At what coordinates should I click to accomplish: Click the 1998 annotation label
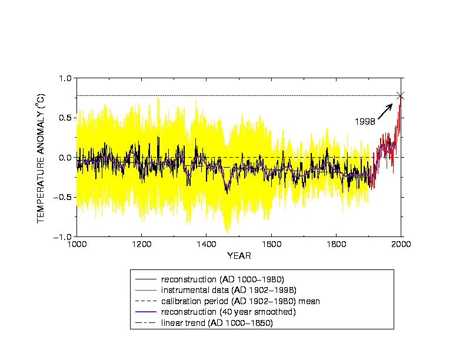365,121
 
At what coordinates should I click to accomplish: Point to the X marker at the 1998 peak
401,95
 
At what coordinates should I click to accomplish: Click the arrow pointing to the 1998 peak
385,110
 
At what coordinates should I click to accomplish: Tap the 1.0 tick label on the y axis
65,78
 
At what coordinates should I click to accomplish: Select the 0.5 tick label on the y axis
65,118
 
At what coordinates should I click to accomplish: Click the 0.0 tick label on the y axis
65,158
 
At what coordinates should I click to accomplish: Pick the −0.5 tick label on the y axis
63,197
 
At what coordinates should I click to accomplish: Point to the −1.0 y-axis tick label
63,236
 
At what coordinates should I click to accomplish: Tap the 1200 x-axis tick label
141,244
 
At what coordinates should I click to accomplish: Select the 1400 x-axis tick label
207,244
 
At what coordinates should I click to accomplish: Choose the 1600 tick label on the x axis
271,244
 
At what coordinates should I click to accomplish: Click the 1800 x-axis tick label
336,244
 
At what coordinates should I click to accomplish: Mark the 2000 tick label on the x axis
401,244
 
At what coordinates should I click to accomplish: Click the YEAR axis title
239,256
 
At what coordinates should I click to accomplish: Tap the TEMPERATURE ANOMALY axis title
41,158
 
